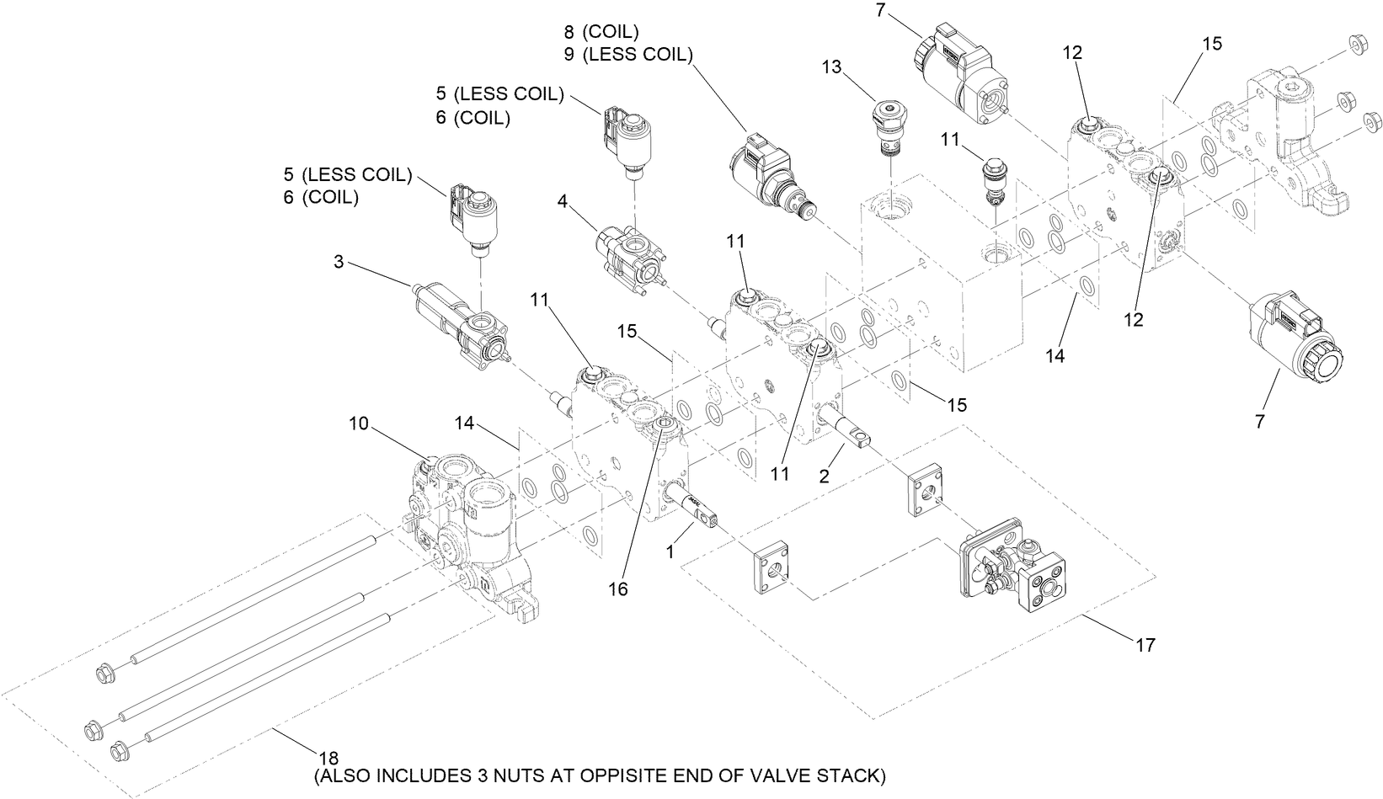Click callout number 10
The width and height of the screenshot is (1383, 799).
tap(358, 423)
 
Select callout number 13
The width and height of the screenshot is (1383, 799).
tap(832, 67)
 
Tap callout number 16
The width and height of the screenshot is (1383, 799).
tap(618, 589)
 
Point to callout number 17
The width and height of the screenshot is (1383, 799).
tap(1145, 646)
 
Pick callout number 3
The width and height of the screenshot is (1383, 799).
tap(339, 262)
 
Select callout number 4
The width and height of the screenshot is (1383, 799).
tap(562, 201)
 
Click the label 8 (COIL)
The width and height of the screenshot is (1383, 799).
tap(601, 32)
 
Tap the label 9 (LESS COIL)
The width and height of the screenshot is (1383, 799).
tap(627, 55)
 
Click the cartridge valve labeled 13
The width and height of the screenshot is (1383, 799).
tap(890, 126)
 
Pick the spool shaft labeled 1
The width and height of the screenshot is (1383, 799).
tap(692, 509)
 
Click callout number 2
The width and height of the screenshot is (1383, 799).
tap(824, 476)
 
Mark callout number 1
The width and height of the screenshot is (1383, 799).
tap(670, 552)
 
